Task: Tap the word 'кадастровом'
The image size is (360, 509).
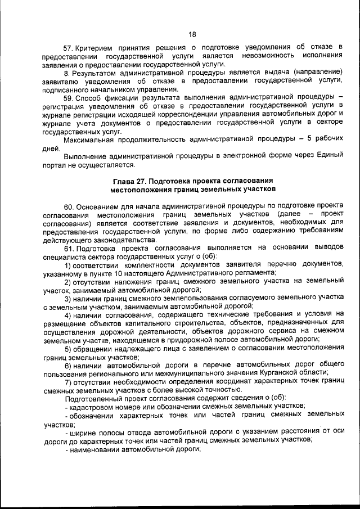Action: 93,406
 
